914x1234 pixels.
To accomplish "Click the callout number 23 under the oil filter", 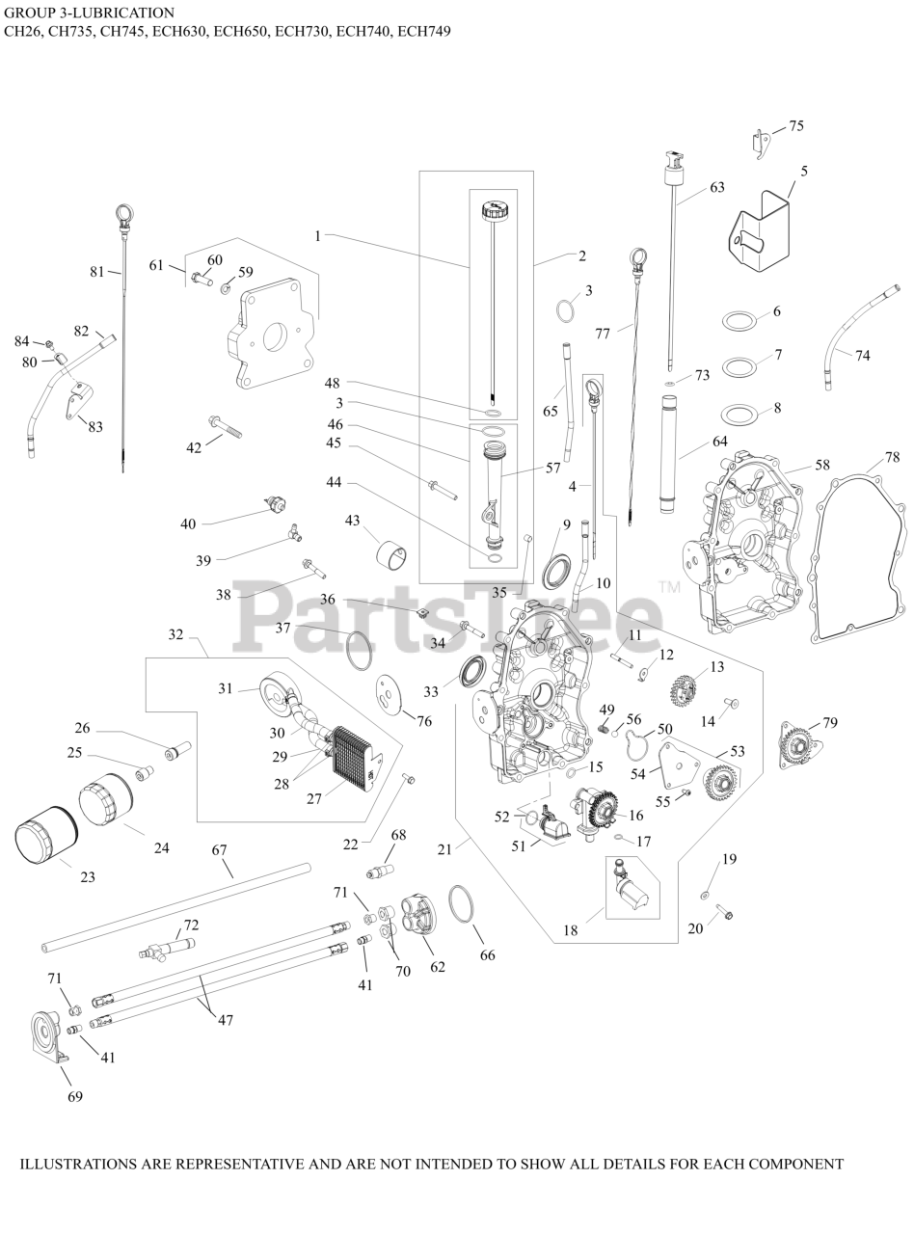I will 88,877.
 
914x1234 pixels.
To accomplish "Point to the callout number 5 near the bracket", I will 804,171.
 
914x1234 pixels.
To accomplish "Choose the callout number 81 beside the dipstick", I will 96,272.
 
